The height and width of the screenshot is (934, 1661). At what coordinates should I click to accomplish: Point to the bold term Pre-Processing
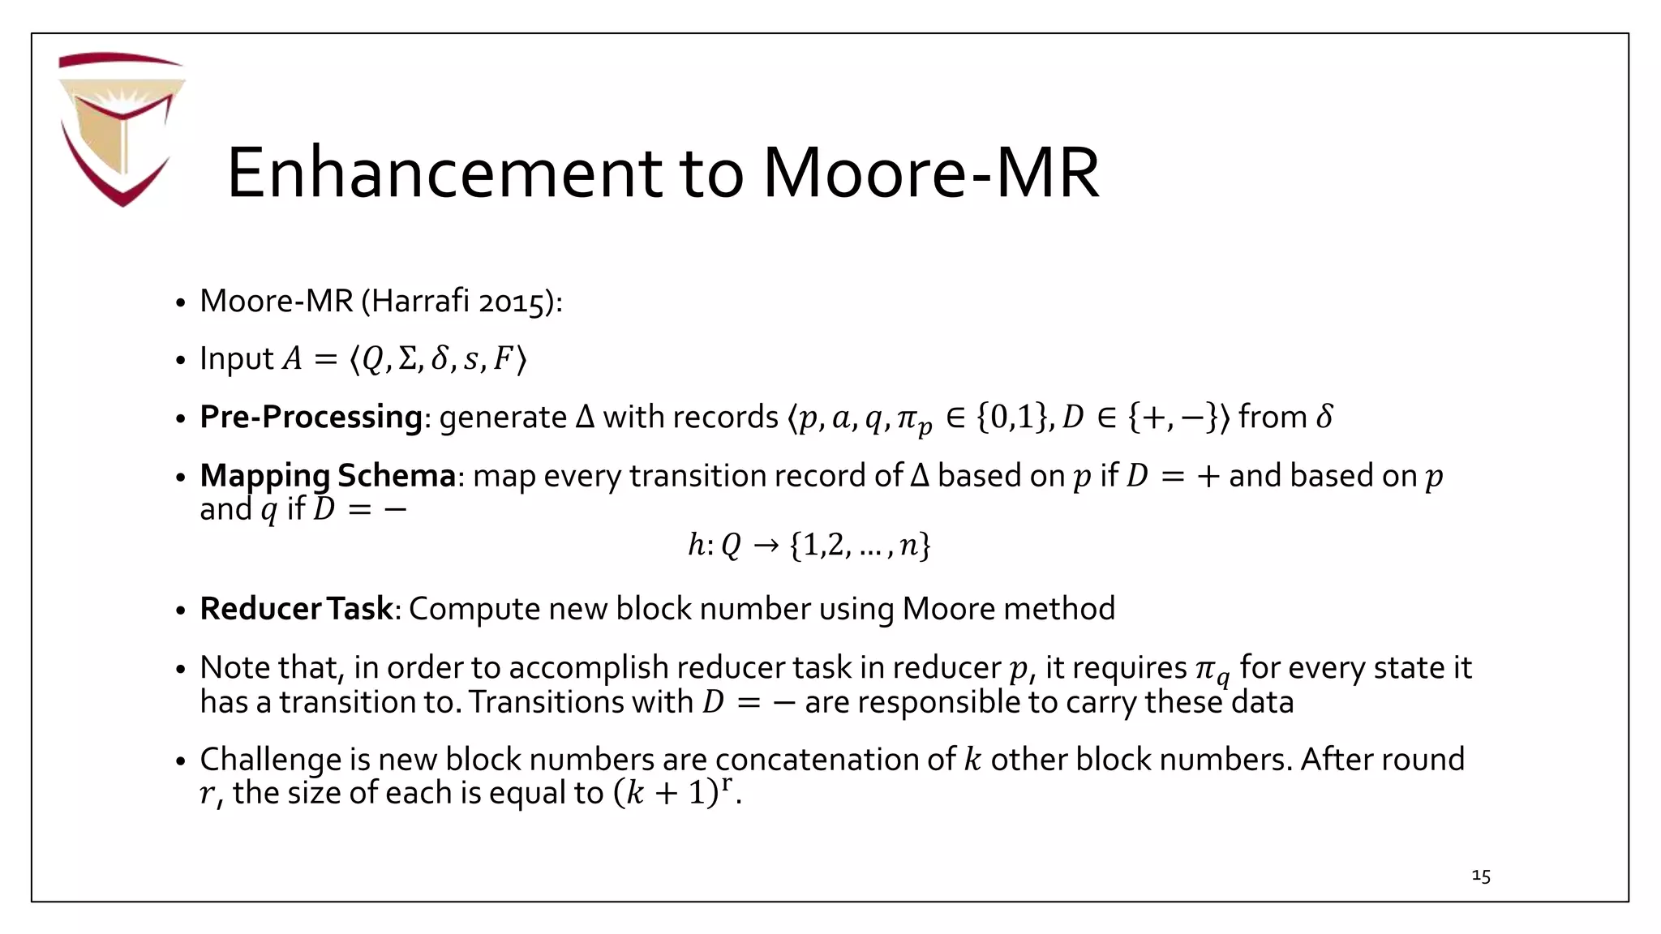pos(311,417)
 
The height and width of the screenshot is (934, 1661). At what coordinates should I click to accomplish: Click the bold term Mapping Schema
pos(328,475)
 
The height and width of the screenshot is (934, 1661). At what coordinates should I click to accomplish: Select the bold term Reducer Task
pos(296,609)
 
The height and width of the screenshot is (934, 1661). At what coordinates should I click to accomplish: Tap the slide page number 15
pos(1480,876)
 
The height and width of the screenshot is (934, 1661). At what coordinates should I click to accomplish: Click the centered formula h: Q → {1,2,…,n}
pos(809,545)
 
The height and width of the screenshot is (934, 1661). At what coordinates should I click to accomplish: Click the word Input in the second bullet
pos(236,358)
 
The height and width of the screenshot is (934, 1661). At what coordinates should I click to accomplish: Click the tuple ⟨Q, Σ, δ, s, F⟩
pos(438,358)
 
